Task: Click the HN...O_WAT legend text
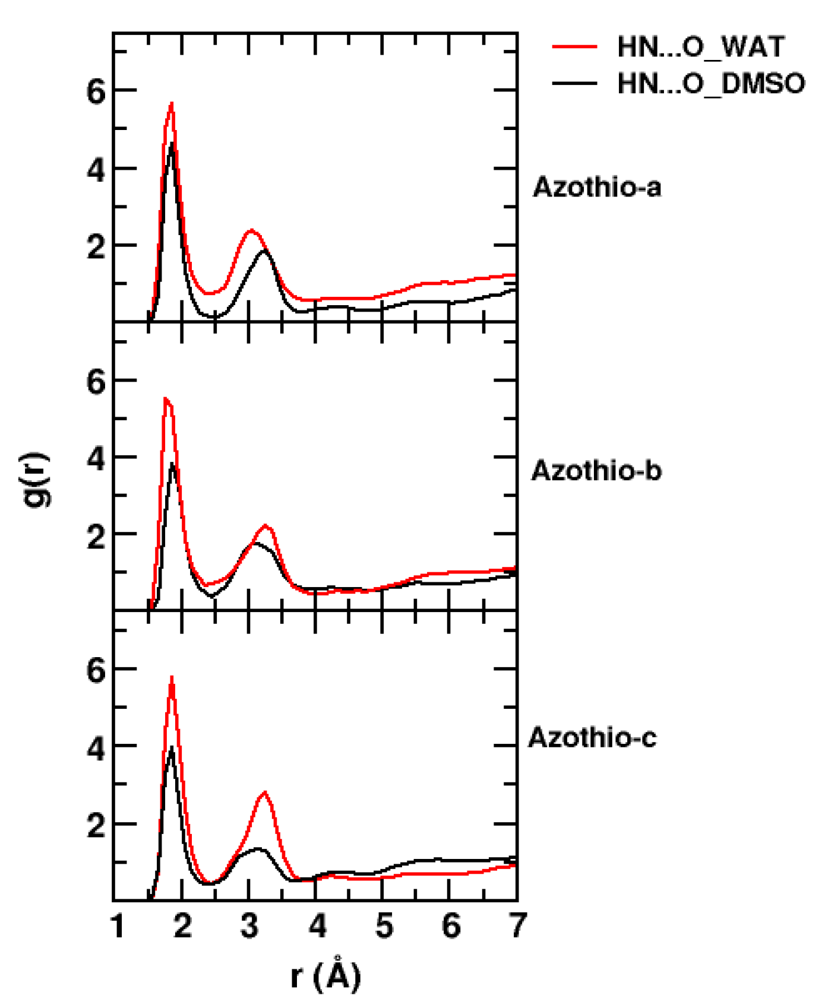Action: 701,47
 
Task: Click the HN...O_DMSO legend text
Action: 711,84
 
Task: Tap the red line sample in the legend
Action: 574,46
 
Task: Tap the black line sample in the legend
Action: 574,83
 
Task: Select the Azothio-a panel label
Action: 597,188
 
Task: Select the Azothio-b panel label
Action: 596,471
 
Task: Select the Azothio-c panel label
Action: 593,738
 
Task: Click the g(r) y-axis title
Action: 35,480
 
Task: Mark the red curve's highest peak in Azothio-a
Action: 172,103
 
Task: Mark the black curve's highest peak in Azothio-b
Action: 173,464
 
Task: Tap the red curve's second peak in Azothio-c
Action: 264,792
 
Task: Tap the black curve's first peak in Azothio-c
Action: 172,747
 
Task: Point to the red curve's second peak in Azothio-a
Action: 251,230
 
